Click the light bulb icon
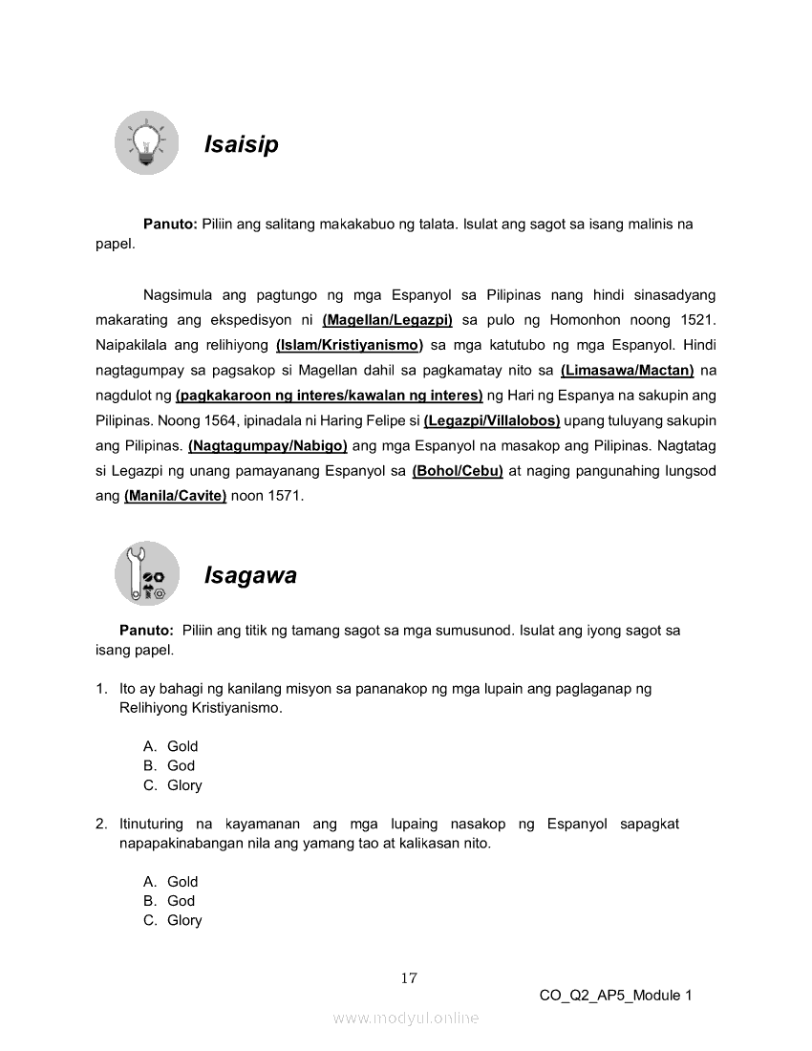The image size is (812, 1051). (x=146, y=143)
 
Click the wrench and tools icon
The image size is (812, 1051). (x=147, y=573)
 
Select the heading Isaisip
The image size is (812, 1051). (x=241, y=145)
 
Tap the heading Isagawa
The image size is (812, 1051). (x=250, y=575)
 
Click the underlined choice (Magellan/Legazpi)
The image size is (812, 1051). (x=387, y=320)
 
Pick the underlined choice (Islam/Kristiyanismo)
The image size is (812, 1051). (x=349, y=345)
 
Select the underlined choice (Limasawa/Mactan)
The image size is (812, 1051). (x=627, y=370)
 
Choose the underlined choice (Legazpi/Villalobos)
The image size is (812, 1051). (x=491, y=420)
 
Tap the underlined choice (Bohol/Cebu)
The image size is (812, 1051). (x=458, y=471)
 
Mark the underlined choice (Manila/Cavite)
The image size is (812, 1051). (x=175, y=496)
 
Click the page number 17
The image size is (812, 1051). (x=409, y=977)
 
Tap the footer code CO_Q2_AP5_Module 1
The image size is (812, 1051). (x=615, y=996)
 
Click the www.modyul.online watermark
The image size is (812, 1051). (x=406, y=1019)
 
